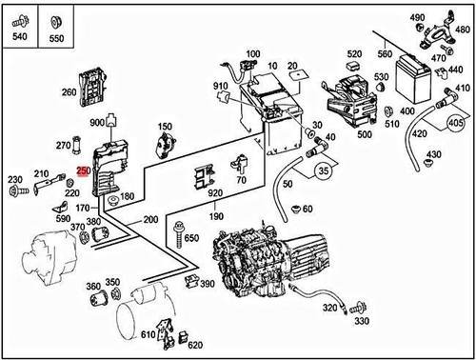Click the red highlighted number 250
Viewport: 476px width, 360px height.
[83, 171]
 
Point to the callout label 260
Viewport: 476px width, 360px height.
[69, 92]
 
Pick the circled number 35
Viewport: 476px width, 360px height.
[324, 172]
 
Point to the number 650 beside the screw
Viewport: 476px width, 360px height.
[190, 238]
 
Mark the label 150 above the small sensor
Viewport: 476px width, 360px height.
[165, 127]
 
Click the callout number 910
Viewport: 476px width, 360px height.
[221, 88]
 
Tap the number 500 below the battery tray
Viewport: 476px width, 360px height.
[364, 134]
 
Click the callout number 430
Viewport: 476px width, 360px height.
[434, 155]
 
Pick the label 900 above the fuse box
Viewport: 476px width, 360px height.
[96, 124]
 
